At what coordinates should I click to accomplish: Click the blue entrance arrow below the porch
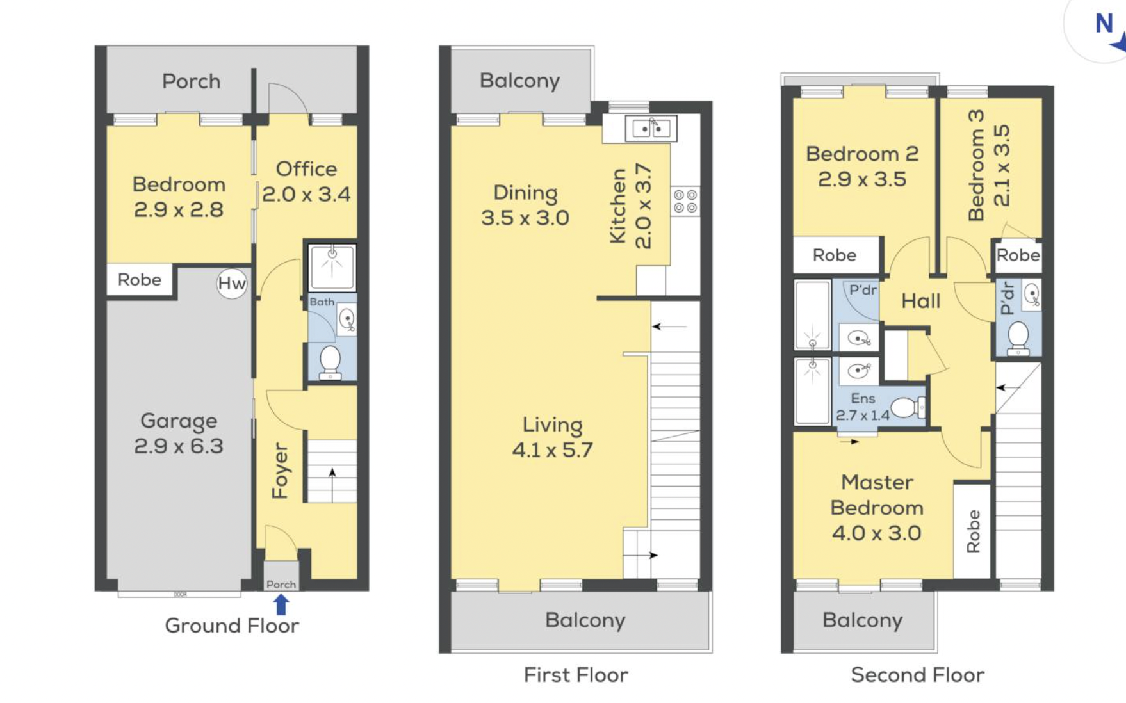point(281,604)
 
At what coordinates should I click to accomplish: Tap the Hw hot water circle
point(232,283)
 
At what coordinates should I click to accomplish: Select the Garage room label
point(179,433)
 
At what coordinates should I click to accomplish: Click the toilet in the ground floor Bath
point(330,362)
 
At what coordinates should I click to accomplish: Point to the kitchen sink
point(651,128)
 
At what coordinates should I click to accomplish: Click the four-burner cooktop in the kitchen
point(685,200)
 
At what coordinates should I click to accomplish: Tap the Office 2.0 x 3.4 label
point(306,181)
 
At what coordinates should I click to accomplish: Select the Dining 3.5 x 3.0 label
point(525,205)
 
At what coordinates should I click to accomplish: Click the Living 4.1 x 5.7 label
point(552,437)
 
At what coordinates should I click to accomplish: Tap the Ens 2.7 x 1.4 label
point(863,407)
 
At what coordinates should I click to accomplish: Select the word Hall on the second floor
point(921,301)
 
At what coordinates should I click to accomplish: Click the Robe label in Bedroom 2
point(835,255)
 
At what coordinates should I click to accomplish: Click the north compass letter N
point(1104,24)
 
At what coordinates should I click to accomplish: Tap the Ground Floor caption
point(232,626)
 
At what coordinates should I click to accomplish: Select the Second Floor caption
point(917,675)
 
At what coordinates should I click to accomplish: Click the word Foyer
point(281,471)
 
